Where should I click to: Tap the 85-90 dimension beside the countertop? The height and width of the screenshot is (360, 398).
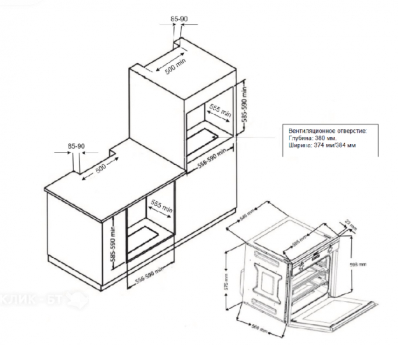[76, 146]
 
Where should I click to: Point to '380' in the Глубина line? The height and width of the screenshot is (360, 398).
[317, 138]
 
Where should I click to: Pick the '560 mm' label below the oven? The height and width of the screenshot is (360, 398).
[259, 327]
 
